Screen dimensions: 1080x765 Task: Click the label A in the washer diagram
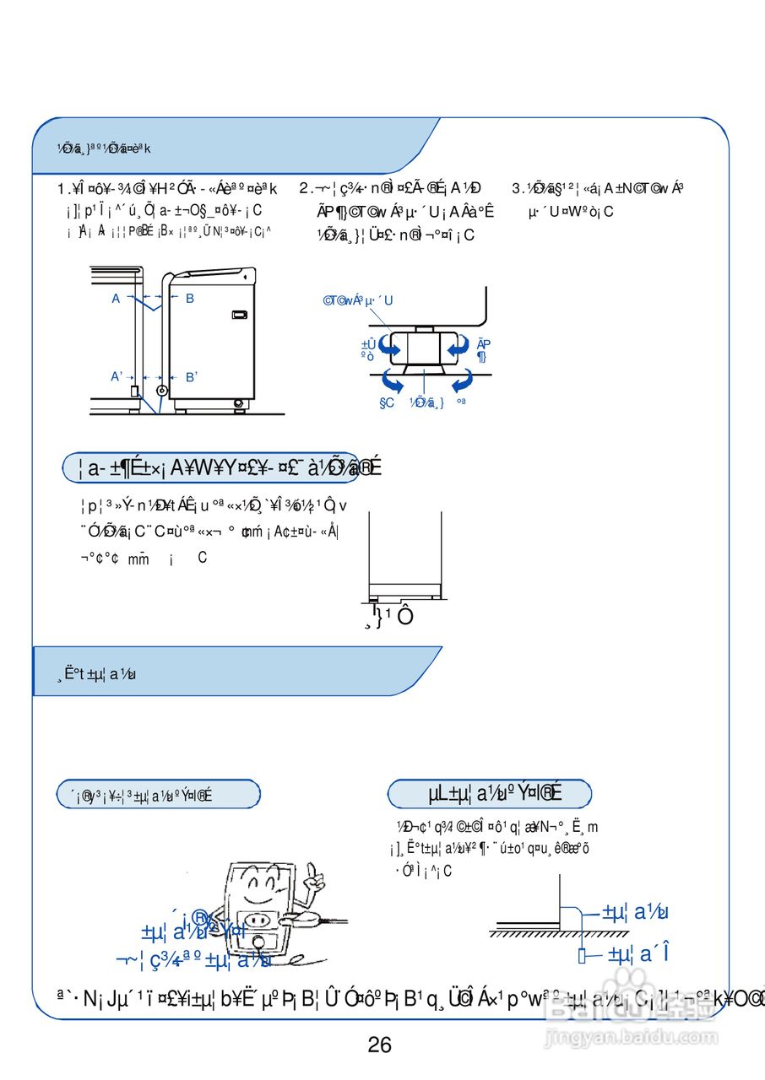(116, 298)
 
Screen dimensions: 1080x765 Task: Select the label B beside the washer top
(190, 298)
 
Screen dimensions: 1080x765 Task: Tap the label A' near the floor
(117, 376)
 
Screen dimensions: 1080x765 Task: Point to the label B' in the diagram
(191, 377)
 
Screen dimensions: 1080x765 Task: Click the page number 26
(380, 1045)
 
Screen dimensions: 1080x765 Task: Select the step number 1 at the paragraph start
(61, 189)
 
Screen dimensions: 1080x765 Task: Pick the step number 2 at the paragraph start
(304, 189)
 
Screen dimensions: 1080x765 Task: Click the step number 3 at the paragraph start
(517, 189)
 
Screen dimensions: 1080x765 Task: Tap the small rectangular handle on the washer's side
(240, 315)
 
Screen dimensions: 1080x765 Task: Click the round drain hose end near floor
(163, 391)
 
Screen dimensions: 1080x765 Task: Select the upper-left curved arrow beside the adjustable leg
(388, 344)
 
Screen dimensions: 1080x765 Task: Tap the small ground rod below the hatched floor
(582, 955)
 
